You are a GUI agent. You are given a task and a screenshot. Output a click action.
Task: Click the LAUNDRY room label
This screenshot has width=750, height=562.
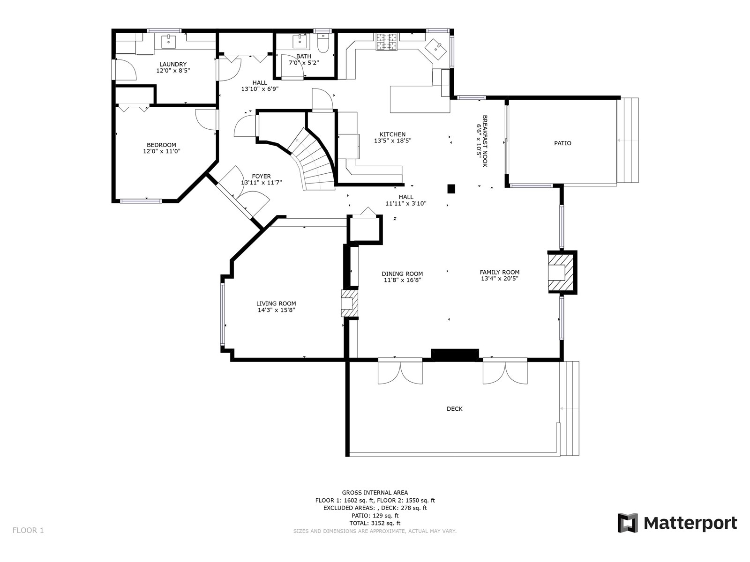click(173, 64)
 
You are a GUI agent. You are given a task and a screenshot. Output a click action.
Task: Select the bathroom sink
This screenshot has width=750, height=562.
click(300, 41)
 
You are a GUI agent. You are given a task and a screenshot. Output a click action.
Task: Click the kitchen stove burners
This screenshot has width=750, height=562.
click(387, 42)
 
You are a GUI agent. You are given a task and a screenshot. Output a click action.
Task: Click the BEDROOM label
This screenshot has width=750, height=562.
click(161, 145)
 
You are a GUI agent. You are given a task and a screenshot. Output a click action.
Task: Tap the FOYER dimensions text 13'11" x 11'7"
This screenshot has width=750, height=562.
click(262, 183)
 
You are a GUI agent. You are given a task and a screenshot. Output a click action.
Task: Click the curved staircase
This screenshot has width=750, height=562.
click(313, 160)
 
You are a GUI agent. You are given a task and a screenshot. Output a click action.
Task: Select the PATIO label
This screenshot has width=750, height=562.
click(562, 143)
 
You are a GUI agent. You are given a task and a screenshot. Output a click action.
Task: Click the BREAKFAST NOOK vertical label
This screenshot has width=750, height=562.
click(485, 141)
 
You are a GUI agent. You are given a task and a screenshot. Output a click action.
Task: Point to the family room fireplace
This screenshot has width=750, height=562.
click(562, 273)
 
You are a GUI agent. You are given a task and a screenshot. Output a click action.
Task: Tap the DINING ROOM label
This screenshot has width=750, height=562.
click(402, 274)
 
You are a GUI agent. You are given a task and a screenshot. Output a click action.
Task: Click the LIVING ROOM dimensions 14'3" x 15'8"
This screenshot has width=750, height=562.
click(276, 310)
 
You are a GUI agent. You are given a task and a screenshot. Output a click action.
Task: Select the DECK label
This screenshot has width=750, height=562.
click(454, 409)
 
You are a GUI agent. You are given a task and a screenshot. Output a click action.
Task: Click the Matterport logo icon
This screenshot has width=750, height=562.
click(627, 523)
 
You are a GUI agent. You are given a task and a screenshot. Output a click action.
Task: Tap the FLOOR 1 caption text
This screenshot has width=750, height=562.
click(28, 530)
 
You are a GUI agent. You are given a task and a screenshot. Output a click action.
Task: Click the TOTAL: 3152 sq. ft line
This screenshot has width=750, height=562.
click(375, 523)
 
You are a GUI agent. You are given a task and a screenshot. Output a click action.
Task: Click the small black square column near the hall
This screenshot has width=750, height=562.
click(451, 189)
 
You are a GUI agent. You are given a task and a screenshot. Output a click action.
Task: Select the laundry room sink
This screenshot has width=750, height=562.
click(168, 41)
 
